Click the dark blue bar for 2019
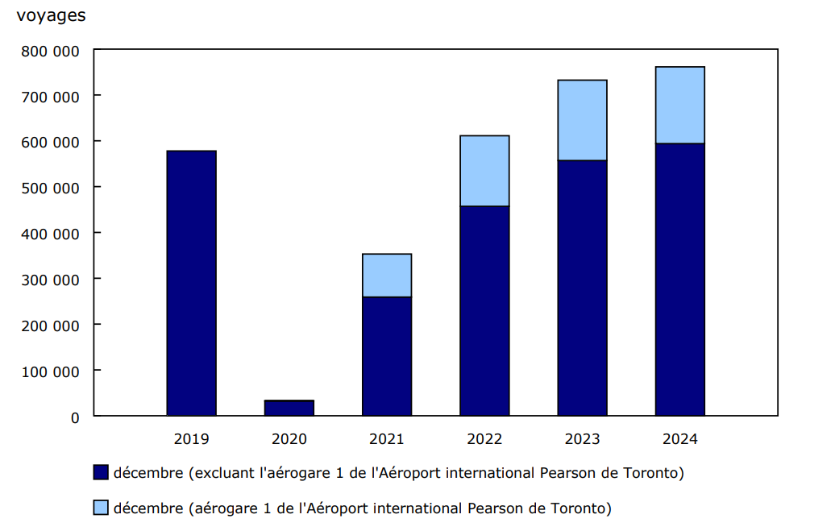(x=191, y=283)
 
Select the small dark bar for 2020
(x=289, y=408)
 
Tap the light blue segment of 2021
(x=387, y=275)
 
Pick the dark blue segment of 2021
(x=387, y=356)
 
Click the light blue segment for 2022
(x=484, y=171)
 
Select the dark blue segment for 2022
(x=484, y=311)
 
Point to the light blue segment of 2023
(x=582, y=120)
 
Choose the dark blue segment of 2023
(x=582, y=288)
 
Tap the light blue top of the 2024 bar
(x=679, y=105)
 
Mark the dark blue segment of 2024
(x=679, y=280)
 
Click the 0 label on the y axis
(x=75, y=417)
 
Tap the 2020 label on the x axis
(x=289, y=439)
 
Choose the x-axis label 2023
(x=582, y=439)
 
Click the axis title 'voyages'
(x=50, y=15)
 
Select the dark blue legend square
(x=101, y=473)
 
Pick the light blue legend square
(x=101, y=508)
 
